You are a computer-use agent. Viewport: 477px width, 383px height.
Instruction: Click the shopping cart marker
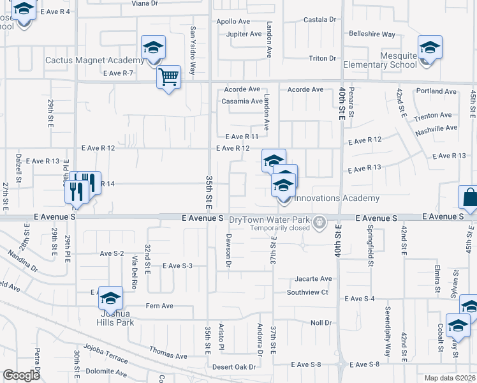point(168,77)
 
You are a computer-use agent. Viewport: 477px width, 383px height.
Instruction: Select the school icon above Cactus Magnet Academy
point(154,48)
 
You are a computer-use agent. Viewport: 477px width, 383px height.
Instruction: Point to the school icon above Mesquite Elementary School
point(430,48)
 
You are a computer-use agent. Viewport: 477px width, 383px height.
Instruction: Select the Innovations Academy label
point(336,199)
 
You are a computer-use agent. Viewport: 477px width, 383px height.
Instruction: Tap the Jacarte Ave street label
point(313,279)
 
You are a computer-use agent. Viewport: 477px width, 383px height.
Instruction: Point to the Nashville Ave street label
point(437,128)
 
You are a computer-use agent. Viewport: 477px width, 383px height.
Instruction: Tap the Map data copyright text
point(450,378)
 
